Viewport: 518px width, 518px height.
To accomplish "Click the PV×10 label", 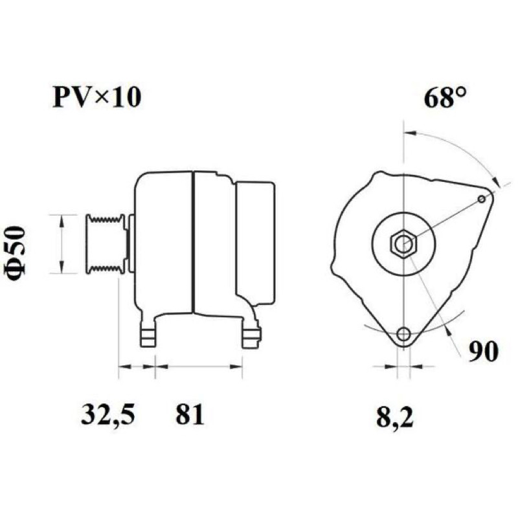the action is pos(96,98).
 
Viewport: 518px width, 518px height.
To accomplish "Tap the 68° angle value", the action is pos(445,98).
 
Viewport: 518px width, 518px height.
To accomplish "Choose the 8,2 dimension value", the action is pos(395,418).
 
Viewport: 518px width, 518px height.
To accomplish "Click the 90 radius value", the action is pos(483,352).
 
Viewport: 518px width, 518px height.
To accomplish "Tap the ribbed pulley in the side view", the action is pos(106,244).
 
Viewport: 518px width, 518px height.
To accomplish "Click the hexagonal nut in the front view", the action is pos(403,245).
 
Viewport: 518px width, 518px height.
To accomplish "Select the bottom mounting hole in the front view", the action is pos(403,334).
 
